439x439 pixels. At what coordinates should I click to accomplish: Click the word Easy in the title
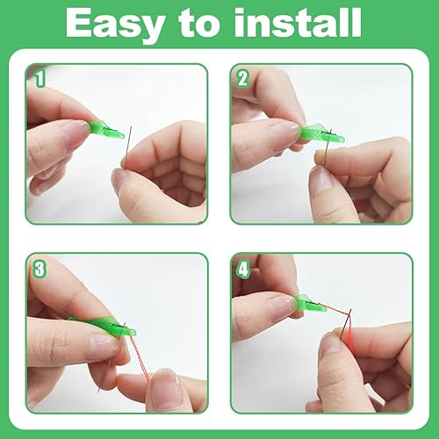pyautogui.click(x=115, y=24)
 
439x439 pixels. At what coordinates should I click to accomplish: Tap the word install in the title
pyautogui.click(x=298, y=22)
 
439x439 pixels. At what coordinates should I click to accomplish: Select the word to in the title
pyautogui.click(x=199, y=24)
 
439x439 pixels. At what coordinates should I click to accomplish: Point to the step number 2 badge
pyautogui.click(x=242, y=78)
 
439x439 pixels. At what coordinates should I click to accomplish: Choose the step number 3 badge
pyautogui.click(x=40, y=269)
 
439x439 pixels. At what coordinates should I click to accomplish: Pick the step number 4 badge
pyautogui.click(x=242, y=269)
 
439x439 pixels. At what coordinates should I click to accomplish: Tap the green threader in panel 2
pyautogui.click(x=321, y=133)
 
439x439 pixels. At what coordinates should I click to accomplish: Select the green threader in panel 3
pyautogui.click(x=105, y=326)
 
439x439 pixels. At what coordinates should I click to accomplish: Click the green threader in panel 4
pyautogui.click(x=310, y=305)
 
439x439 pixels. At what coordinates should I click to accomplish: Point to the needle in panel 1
pyautogui.click(x=127, y=147)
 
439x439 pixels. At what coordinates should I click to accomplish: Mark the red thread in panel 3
pyautogui.click(x=139, y=358)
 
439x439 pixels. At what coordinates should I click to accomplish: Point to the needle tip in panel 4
pyautogui.click(x=350, y=310)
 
